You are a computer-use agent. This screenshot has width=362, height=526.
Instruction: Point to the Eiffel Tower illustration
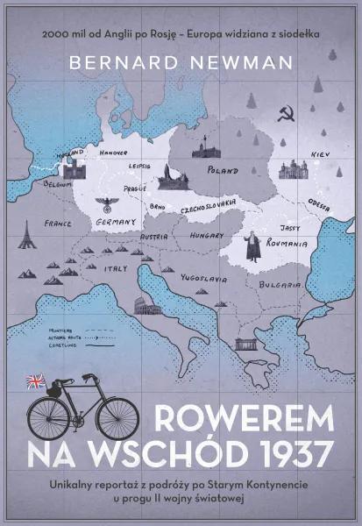(26, 233)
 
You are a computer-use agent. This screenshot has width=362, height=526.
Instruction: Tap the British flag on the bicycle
(37, 380)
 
